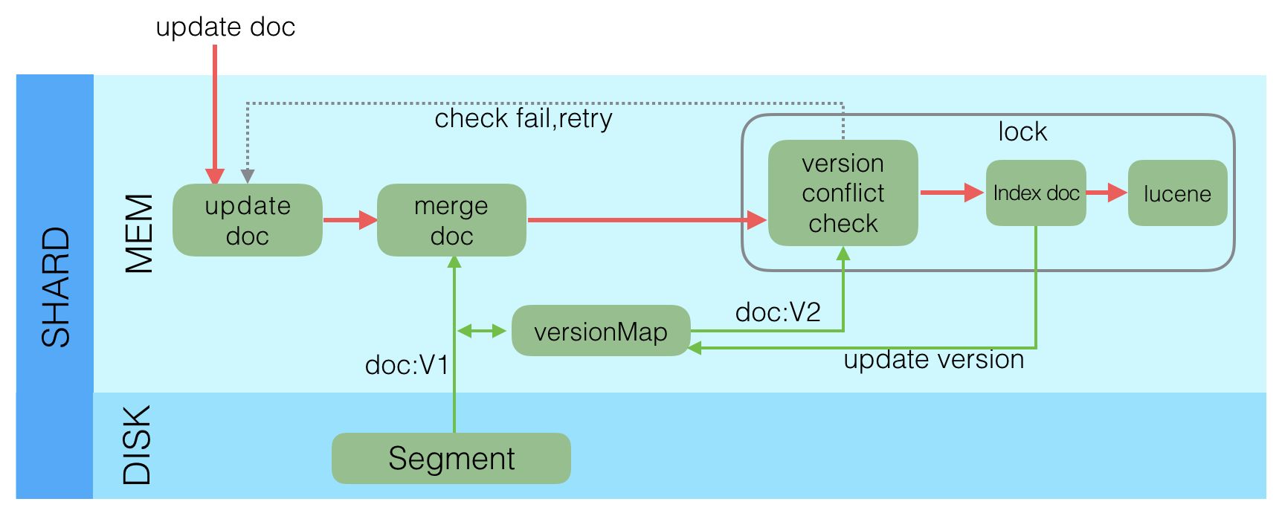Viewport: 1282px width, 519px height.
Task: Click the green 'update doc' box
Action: point(247,220)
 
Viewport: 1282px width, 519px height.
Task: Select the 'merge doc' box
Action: point(451,220)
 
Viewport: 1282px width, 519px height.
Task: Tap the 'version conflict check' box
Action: point(843,193)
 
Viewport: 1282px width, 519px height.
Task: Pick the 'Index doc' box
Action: point(1036,193)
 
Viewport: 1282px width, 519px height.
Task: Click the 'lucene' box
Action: point(1177,193)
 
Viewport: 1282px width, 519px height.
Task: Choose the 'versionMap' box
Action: point(601,331)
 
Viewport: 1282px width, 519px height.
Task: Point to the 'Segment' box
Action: point(451,458)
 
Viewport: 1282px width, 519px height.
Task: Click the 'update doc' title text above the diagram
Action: point(225,27)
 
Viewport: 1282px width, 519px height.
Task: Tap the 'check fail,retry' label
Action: point(523,118)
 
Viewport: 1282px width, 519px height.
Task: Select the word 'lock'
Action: point(1022,132)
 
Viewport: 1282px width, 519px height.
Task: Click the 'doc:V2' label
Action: point(778,312)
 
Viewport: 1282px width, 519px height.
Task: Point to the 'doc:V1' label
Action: point(407,365)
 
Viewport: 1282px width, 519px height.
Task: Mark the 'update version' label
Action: point(933,360)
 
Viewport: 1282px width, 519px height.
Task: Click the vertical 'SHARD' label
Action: point(56,287)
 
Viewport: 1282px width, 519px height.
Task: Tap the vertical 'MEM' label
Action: point(139,233)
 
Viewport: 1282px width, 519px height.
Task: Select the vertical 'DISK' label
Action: point(137,445)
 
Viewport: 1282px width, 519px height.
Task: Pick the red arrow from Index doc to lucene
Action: point(1107,193)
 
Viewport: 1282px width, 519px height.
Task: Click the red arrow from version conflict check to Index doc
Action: point(951,193)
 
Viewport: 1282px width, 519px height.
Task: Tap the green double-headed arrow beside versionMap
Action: point(481,331)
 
